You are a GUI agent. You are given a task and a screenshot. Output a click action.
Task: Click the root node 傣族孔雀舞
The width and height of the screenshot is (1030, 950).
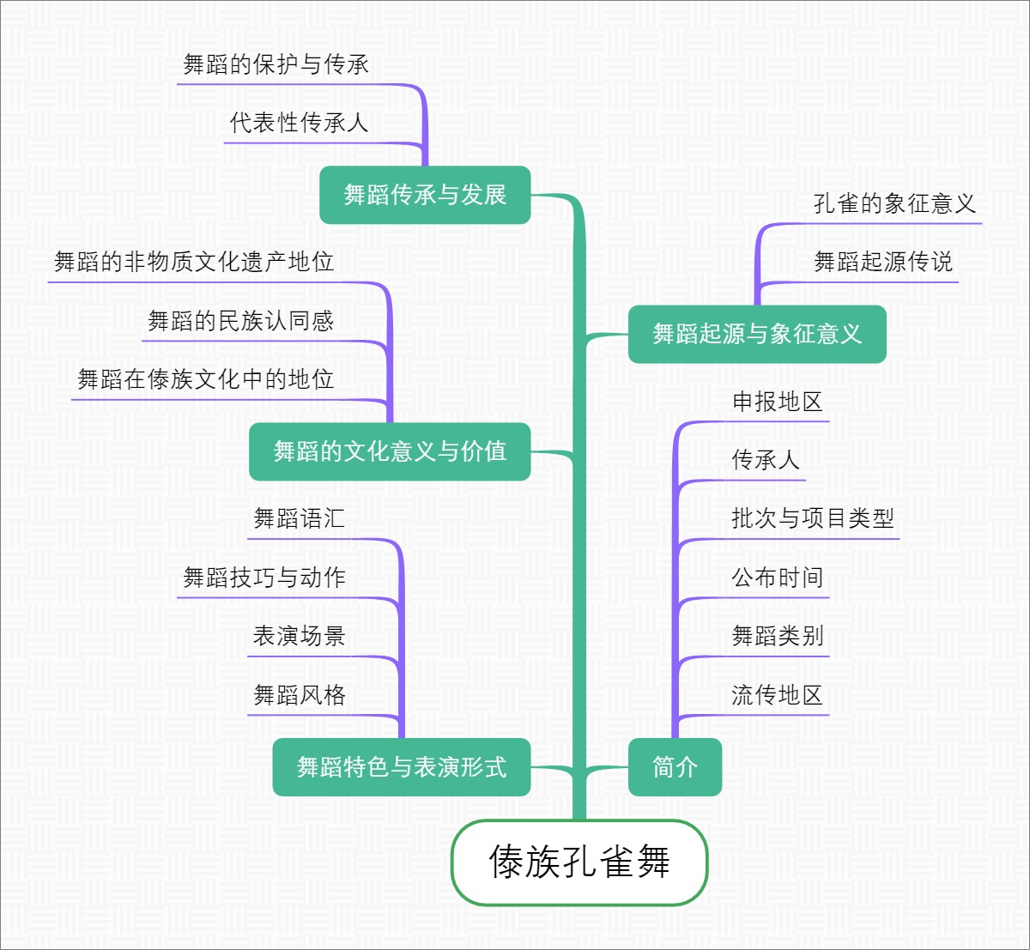(579, 862)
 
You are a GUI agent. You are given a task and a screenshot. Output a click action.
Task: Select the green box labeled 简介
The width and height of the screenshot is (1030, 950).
(675, 766)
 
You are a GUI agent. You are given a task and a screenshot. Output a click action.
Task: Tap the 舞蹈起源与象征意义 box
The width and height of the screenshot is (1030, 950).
(756, 334)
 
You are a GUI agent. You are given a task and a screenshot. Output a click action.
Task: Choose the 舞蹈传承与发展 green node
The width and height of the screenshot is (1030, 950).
(425, 195)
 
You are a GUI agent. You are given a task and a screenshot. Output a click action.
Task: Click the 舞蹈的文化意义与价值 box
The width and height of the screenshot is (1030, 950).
(390, 451)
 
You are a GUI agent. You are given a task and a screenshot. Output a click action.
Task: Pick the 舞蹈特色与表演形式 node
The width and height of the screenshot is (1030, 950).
(401, 766)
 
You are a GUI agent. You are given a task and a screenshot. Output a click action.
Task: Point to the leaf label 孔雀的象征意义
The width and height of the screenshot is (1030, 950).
(894, 203)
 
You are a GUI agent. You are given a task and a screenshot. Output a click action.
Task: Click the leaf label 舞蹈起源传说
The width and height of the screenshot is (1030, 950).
(882, 262)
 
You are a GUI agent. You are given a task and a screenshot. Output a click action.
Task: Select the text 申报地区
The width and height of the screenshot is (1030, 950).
(777, 402)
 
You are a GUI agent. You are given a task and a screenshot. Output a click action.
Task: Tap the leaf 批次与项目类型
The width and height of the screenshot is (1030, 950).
(812, 518)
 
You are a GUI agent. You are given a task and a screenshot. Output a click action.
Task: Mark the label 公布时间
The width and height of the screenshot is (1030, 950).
(777, 578)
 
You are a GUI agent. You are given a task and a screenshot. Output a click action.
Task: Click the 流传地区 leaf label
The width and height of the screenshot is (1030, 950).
(777, 695)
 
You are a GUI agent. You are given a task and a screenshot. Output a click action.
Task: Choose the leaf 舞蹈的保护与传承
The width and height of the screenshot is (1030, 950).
(276, 64)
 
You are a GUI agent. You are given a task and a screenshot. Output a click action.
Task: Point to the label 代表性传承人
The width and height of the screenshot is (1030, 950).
(299, 123)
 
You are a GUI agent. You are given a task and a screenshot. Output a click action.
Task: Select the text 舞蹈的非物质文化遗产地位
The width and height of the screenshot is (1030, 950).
(194, 262)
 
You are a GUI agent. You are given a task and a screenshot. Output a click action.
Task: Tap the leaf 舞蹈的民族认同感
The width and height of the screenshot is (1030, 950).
(240, 321)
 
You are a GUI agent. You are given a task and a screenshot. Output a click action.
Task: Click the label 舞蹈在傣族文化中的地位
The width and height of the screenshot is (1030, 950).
(205, 379)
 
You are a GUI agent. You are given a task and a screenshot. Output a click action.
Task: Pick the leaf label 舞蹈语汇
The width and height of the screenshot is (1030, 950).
(299, 518)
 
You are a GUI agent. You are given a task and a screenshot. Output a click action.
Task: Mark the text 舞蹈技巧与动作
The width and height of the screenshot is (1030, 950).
(264, 578)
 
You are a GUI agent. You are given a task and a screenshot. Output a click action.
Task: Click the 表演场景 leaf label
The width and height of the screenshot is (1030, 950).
(299, 636)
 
